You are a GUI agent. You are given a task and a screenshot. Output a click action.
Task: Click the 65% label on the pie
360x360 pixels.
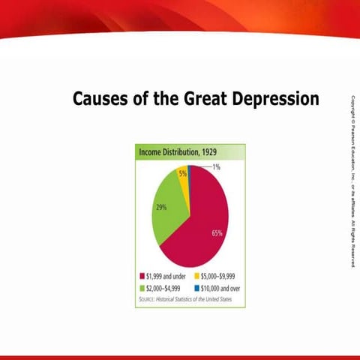217,233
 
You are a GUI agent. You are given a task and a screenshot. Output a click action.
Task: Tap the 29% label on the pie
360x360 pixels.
160,208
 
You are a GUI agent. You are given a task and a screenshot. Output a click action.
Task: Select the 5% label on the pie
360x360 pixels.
182,173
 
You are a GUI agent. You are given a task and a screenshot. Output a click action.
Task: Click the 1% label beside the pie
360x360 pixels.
216,167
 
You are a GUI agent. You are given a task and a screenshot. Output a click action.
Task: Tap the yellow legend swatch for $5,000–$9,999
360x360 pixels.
194,276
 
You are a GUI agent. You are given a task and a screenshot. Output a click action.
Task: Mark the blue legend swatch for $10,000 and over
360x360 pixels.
194,287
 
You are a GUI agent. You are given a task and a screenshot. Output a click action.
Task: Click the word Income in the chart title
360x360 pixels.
151,152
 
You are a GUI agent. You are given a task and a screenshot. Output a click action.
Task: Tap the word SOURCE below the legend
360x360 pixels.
148,298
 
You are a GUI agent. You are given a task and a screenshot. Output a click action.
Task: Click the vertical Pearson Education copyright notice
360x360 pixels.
351,180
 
